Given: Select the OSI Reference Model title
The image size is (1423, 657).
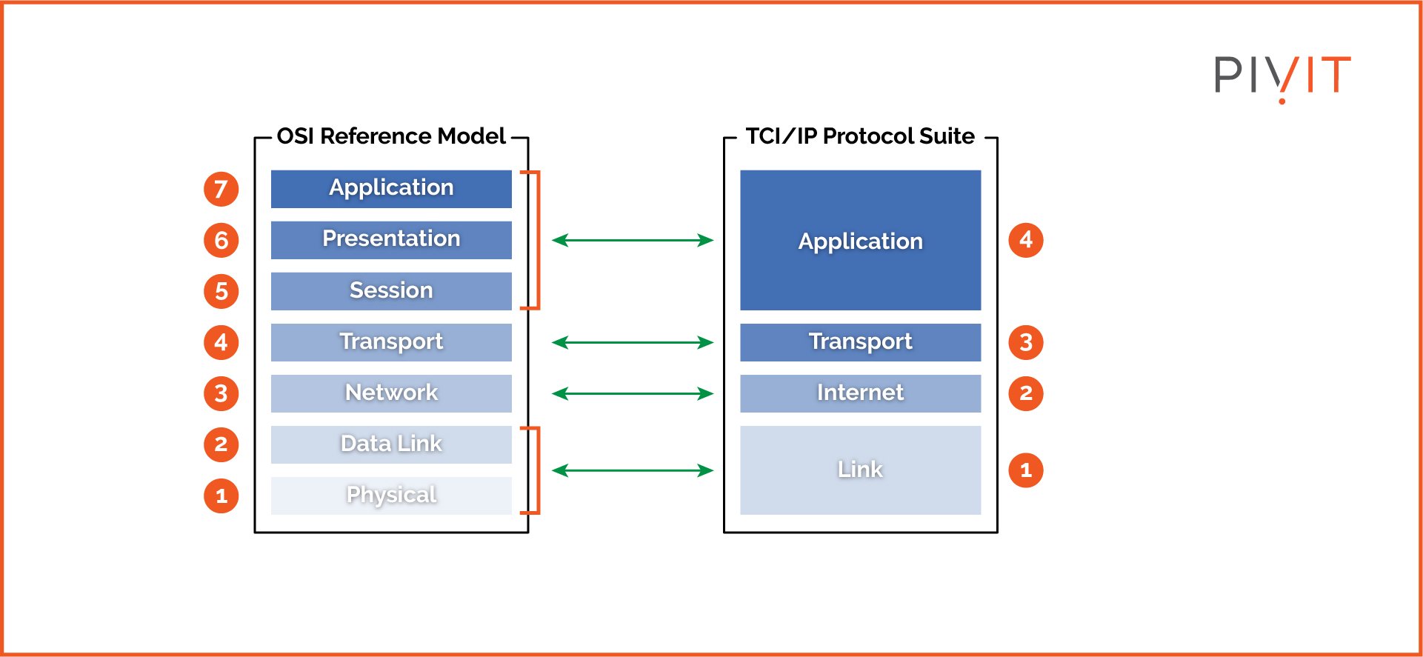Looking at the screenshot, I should click(x=390, y=136).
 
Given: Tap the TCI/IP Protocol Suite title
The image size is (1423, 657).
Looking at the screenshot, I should click(x=859, y=136).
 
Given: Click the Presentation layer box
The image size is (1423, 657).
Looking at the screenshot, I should click(x=391, y=239).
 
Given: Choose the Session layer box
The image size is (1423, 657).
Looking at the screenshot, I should click(x=391, y=290).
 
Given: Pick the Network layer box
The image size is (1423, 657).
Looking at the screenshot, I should click(x=391, y=393).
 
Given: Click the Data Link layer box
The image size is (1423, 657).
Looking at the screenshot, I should click(x=391, y=444).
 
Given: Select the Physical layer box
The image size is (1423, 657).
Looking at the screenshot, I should click(x=391, y=495).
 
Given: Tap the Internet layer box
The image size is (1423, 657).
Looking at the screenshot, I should click(x=860, y=393).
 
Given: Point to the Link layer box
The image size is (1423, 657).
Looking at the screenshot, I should click(x=860, y=470).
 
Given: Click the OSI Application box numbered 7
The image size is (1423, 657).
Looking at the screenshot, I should click(x=391, y=188).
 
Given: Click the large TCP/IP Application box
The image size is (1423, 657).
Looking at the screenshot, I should click(x=860, y=240).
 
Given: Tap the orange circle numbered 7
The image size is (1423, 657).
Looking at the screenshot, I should click(x=221, y=189).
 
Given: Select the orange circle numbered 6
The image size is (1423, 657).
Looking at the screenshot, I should click(x=221, y=240).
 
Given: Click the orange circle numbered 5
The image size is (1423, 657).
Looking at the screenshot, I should click(x=221, y=291).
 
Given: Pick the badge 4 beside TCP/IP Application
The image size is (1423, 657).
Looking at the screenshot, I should click(x=1025, y=240).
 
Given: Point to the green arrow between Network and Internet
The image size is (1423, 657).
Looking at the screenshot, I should click(x=633, y=393).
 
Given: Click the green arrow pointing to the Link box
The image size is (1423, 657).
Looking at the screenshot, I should click(x=633, y=470).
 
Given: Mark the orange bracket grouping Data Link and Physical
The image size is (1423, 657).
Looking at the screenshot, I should click(x=536, y=470).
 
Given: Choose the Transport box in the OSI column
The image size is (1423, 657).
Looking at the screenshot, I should click(x=391, y=341).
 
